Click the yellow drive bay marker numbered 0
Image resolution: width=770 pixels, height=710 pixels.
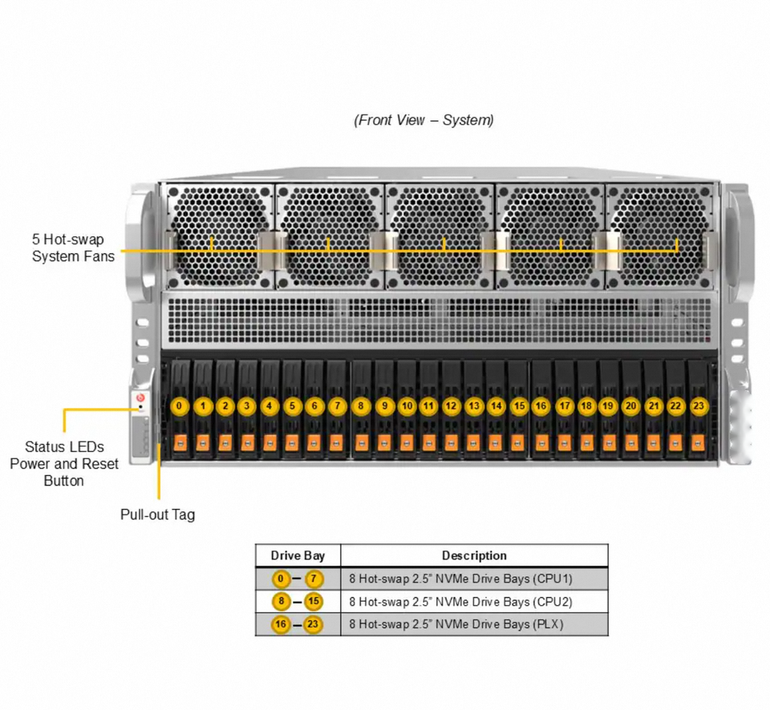pyautogui.click(x=180, y=406)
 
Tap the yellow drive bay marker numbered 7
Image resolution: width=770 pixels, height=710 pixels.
pyautogui.click(x=338, y=406)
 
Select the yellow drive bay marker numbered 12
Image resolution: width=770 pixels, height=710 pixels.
pyautogui.click(x=451, y=406)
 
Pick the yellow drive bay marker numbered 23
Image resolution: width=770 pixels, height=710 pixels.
pyautogui.click(x=699, y=406)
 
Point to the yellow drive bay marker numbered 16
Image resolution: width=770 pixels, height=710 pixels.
pyautogui.click(x=541, y=406)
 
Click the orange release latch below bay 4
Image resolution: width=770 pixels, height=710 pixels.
pyautogui.click(x=269, y=443)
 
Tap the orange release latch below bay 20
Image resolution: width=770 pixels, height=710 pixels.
pyautogui.click(x=631, y=443)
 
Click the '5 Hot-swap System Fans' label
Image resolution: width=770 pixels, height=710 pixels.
pyautogui.click(x=73, y=248)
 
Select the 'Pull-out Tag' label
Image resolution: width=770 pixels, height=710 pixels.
pyautogui.click(x=158, y=514)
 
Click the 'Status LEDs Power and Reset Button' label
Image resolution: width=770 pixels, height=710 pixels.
pyautogui.click(x=64, y=464)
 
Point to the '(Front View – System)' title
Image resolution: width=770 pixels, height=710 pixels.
pyautogui.click(x=423, y=120)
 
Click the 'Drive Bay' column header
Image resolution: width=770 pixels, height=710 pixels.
pyautogui.click(x=298, y=555)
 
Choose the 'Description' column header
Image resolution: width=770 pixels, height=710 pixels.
pyautogui.click(x=474, y=555)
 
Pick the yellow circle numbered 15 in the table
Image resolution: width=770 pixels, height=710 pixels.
pyautogui.click(x=314, y=602)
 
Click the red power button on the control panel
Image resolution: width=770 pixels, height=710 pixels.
pyautogui.click(x=140, y=397)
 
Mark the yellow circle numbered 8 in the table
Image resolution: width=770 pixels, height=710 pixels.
pyautogui.click(x=282, y=602)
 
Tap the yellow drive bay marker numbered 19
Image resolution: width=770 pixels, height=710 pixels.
pyautogui.click(x=608, y=406)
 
